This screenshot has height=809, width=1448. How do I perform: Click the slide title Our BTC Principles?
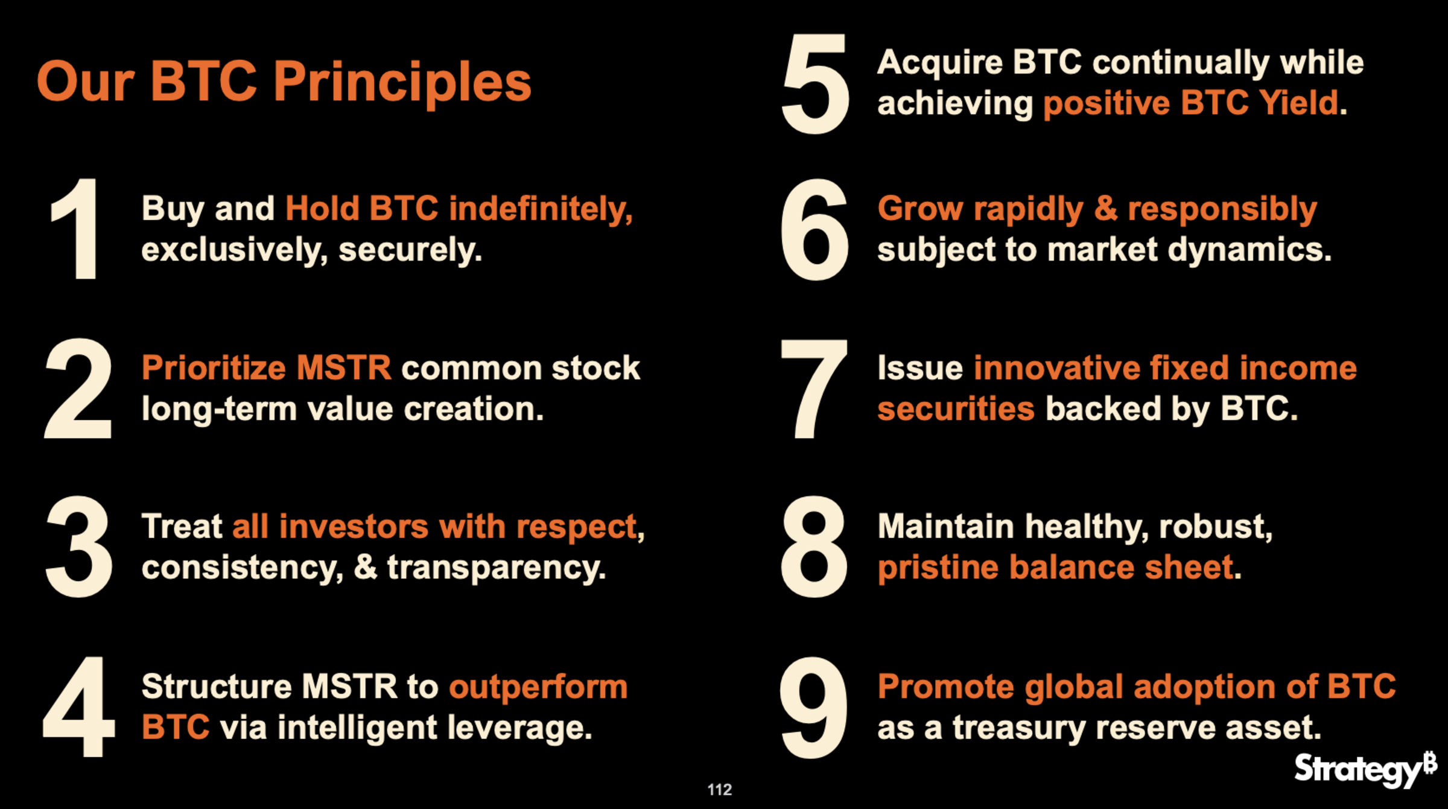tap(284, 83)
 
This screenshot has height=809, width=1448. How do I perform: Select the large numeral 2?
tap(78, 388)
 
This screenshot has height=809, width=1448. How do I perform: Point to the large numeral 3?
tap(78, 547)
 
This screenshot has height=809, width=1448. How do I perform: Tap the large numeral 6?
tap(815, 230)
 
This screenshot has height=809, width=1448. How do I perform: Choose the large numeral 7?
tap(814, 389)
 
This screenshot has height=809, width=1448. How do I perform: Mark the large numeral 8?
tap(814, 547)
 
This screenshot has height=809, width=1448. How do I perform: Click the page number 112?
tap(719, 790)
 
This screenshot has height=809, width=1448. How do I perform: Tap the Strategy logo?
tap(1365, 770)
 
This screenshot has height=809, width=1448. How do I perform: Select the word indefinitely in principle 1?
tap(541, 209)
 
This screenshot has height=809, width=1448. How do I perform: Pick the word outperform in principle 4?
tap(538, 688)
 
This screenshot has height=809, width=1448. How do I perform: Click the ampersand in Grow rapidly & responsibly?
tap(1105, 209)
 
